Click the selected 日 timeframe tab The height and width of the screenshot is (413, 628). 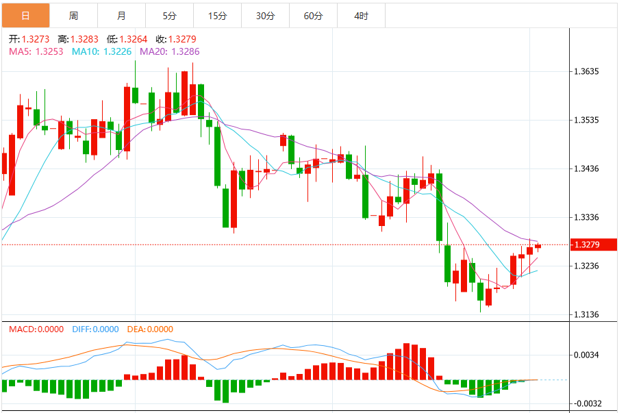click(25, 16)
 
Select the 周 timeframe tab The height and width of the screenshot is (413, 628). click(73, 16)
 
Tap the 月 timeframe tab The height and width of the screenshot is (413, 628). click(121, 16)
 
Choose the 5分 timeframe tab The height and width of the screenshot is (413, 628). click(169, 16)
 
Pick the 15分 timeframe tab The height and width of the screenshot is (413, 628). click(218, 16)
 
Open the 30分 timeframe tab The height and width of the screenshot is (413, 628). click(265, 16)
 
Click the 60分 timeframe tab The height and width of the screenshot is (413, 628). click(313, 16)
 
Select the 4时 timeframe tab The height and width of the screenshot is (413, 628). click(362, 16)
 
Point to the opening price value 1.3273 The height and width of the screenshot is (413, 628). click(35, 39)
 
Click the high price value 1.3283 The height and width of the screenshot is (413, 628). click(84, 39)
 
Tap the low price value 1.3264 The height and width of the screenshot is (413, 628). click(134, 39)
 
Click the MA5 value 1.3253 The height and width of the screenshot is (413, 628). click(49, 51)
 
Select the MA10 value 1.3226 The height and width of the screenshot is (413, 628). click(117, 51)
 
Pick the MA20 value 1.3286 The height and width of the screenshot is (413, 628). click(186, 51)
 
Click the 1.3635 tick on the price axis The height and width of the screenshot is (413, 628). click(586, 72)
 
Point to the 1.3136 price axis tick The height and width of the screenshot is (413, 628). click(586, 314)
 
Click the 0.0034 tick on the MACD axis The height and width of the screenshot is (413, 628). click(586, 355)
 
